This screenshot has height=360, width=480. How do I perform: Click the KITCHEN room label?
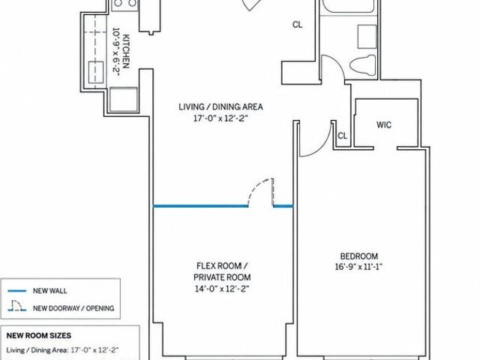tap(127, 52)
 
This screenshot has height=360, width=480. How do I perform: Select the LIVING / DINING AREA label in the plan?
tap(220, 106)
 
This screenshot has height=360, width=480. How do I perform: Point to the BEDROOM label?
tap(359, 256)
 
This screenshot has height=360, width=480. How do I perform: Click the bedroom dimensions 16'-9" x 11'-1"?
tap(358, 267)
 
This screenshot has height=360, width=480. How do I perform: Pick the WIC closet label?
tap(384, 125)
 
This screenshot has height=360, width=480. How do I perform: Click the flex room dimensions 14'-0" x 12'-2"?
tap(222, 289)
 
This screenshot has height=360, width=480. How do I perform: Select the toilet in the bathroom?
tap(363, 65)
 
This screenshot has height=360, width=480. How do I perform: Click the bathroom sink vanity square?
tap(367, 36)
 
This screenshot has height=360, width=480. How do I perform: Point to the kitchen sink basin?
tap(96, 72)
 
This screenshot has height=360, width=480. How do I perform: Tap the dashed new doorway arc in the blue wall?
tap(259, 190)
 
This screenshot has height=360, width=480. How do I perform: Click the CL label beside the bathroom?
tap(298, 25)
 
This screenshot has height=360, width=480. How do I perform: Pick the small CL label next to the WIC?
tap(342, 136)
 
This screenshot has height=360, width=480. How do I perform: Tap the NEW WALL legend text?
tap(50, 291)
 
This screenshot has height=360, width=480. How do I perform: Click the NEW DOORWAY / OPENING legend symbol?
tap(17, 306)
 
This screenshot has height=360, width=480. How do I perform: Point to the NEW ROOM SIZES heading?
tap(39, 335)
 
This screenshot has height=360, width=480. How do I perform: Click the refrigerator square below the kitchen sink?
tap(123, 100)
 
